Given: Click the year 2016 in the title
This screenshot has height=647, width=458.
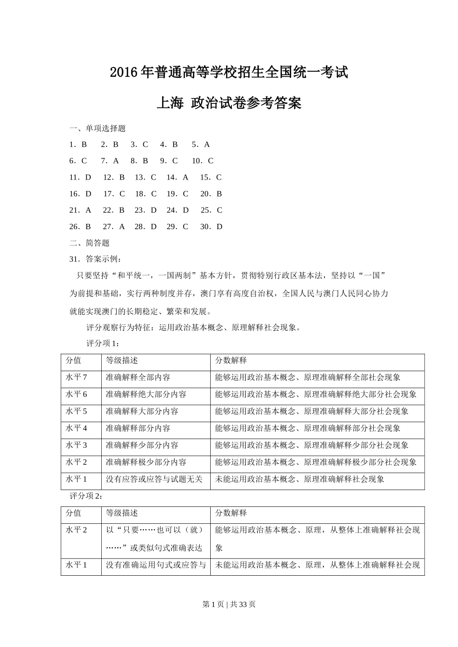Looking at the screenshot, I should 124,73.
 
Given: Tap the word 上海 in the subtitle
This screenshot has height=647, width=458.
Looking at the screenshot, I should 170,103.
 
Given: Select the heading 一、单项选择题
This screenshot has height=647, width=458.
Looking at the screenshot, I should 98,129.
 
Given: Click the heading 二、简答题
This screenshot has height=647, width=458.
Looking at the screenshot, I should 90,243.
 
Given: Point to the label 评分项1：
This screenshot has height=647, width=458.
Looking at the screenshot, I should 103,343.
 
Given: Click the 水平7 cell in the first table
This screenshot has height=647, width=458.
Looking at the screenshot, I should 76,377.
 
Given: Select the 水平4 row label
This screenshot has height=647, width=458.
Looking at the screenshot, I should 76,428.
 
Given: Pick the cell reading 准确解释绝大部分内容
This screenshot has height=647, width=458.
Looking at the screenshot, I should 146,394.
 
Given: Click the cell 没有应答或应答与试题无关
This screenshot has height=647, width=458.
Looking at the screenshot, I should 154,479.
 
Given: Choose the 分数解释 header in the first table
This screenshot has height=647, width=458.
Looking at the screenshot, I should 231,361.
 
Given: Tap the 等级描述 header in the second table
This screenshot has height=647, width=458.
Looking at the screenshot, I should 122,513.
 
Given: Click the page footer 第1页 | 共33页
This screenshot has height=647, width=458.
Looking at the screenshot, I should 229,604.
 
